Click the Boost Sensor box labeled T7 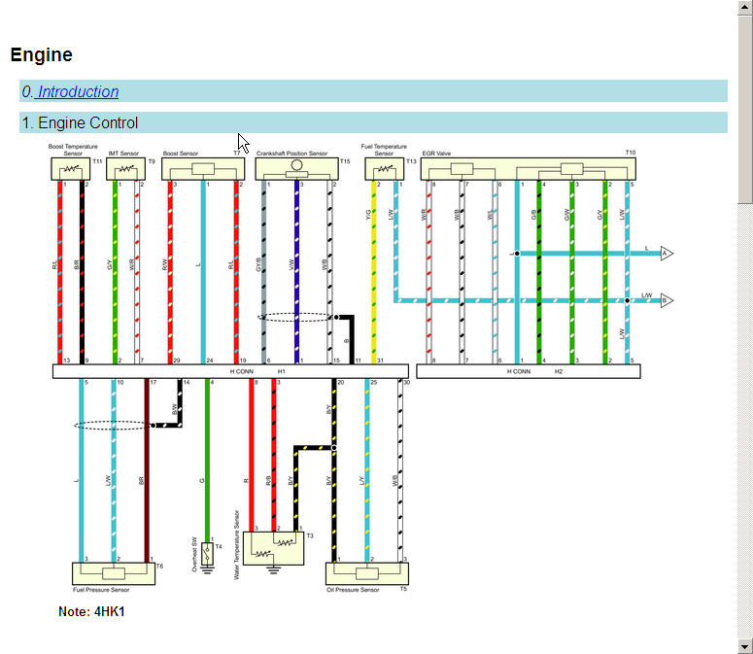click(x=203, y=169)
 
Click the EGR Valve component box click(x=529, y=169)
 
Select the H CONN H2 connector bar click(x=528, y=371)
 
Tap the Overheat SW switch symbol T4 click(x=206, y=553)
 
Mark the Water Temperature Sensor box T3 click(x=272, y=548)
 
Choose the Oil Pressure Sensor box click(x=367, y=572)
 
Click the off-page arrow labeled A click(x=667, y=254)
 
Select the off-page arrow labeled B click(x=667, y=300)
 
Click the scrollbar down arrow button click(x=744, y=646)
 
